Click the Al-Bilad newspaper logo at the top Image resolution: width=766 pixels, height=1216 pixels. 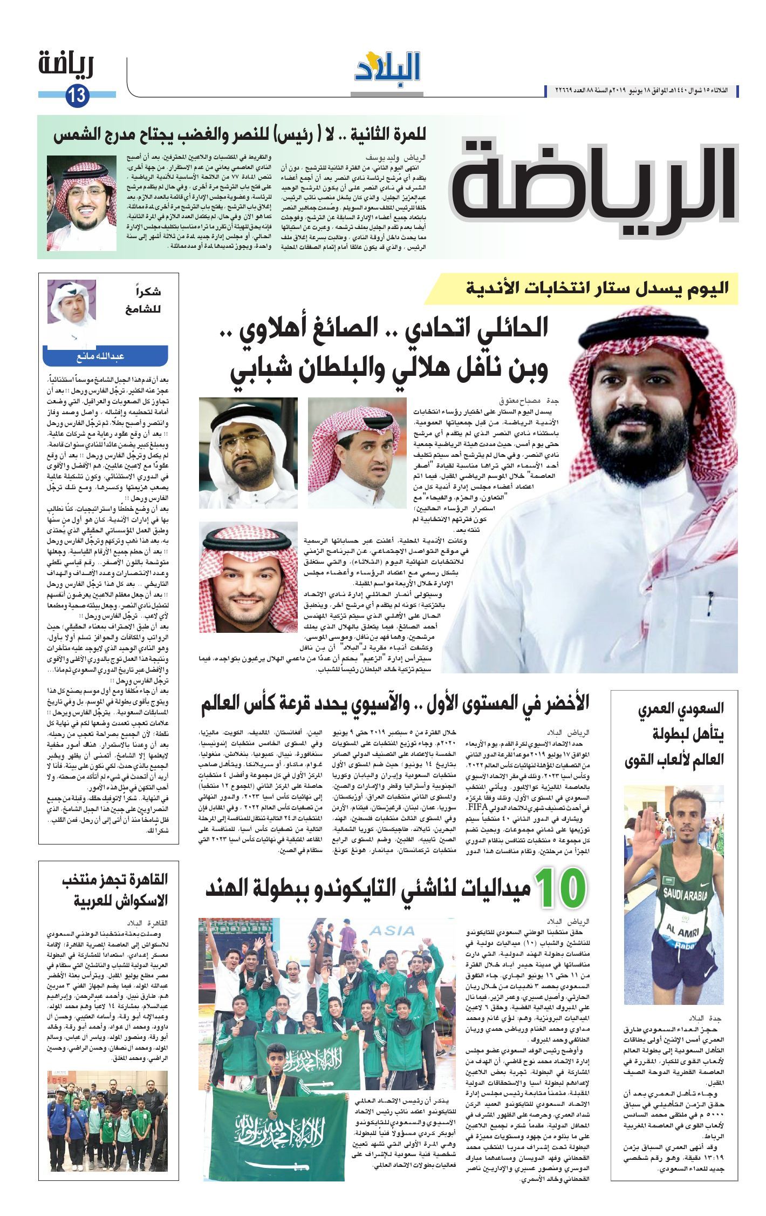coord(387,67)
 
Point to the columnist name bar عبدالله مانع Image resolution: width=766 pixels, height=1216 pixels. coord(106,357)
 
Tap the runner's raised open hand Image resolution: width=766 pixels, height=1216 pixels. coord(645,831)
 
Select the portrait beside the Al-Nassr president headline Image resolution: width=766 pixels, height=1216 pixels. coord(81,203)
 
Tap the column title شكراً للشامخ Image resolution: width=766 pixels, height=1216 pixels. coord(142,300)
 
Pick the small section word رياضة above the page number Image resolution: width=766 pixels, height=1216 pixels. coord(66,66)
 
